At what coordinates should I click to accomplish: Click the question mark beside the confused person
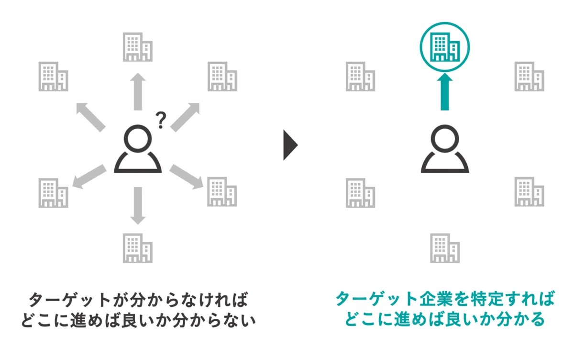click(161, 120)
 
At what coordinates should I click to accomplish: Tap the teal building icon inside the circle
click(444, 47)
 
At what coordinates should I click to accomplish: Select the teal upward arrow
click(444, 91)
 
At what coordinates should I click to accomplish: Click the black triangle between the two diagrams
click(290, 145)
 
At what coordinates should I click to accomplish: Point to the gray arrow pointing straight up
click(138, 91)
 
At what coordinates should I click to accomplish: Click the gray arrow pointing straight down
click(138, 206)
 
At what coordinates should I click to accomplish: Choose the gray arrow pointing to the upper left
click(91, 117)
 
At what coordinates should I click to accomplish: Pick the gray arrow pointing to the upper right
click(185, 117)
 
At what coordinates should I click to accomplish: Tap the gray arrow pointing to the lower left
click(89, 177)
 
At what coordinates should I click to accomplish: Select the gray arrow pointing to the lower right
click(186, 177)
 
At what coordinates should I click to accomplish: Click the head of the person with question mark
click(138, 139)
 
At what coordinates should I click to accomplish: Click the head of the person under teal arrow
click(445, 139)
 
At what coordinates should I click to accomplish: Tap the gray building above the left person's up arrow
click(138, 47)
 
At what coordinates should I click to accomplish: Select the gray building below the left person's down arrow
click(138, 248)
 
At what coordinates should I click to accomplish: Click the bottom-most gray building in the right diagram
click(445, 248)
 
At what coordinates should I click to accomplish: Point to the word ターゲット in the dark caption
click(69, 300)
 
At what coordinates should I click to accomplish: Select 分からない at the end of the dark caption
click(214, 320)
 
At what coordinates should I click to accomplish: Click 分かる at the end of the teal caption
click(520, 319)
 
